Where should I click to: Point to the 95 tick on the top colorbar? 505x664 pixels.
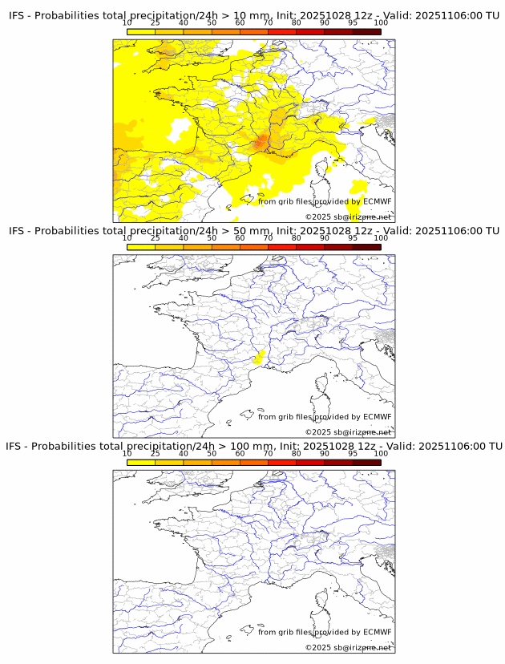pos(353,23)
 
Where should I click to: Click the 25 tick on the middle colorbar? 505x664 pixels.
pos(156,238)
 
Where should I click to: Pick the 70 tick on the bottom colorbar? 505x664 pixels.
pos(268,453)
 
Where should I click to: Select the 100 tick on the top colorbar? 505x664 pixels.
pos(381,23)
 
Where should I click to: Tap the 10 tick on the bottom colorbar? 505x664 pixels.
pos(127,453)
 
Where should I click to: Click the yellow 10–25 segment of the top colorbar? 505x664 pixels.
pos(141,32)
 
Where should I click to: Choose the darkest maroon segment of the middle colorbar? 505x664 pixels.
pos(366,247)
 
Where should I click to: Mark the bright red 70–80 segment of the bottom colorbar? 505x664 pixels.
pos(282,462)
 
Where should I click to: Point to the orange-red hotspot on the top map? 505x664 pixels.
pos(261,143)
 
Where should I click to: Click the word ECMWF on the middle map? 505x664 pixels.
pos(377,417)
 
